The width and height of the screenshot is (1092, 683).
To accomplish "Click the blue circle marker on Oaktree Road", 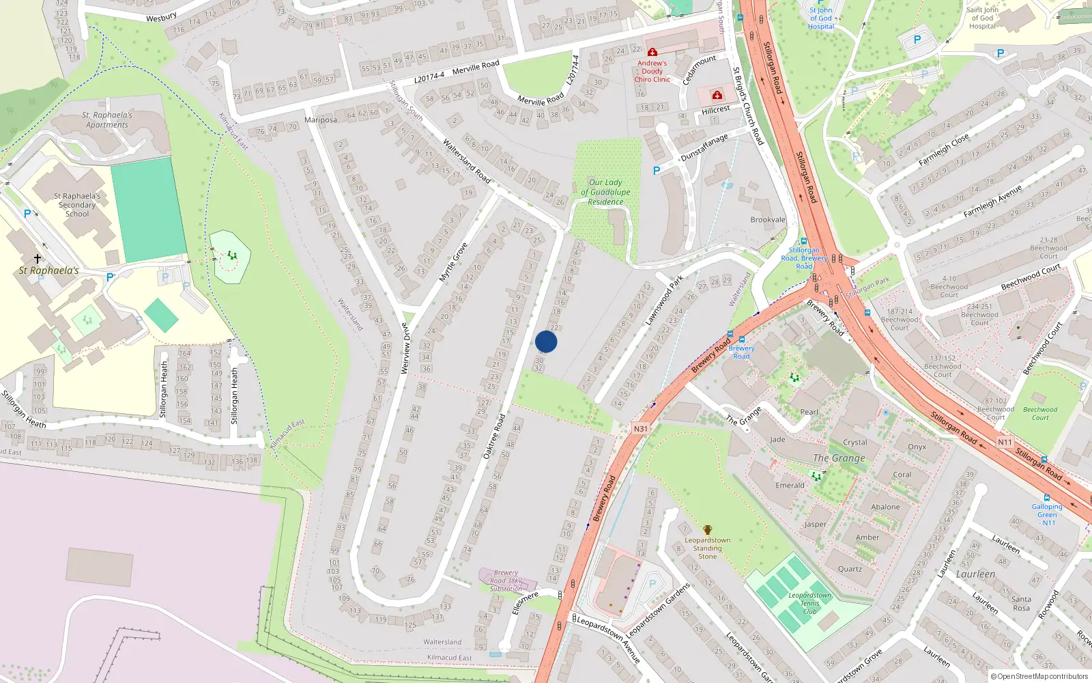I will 546,341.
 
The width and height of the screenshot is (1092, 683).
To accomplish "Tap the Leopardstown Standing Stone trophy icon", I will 708,530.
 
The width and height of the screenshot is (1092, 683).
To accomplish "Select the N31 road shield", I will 640,429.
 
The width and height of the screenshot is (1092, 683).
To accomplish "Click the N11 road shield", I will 1005,442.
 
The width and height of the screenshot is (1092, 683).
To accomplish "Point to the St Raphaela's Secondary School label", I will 77,205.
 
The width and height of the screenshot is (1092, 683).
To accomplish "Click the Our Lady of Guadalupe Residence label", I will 605,192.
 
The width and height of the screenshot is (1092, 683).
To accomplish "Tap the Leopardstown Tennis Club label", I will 809,603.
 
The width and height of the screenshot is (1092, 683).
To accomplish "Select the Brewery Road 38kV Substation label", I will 506,581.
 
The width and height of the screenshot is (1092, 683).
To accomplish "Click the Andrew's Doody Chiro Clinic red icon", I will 652,52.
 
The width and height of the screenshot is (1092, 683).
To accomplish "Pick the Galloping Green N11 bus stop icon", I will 1047,498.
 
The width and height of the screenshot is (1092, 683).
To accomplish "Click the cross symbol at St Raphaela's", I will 38,258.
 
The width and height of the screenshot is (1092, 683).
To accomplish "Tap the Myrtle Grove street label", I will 453,262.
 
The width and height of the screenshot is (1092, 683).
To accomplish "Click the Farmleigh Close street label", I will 943,150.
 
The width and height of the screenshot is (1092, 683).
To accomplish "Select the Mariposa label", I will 321,120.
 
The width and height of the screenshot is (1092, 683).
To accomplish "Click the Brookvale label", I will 768,220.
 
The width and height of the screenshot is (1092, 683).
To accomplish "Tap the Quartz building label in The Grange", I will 850,569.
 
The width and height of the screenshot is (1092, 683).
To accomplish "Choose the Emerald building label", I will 790,486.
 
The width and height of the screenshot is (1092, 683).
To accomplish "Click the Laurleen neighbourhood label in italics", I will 975,574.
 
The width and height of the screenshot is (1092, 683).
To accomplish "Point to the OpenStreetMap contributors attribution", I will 1039,677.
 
